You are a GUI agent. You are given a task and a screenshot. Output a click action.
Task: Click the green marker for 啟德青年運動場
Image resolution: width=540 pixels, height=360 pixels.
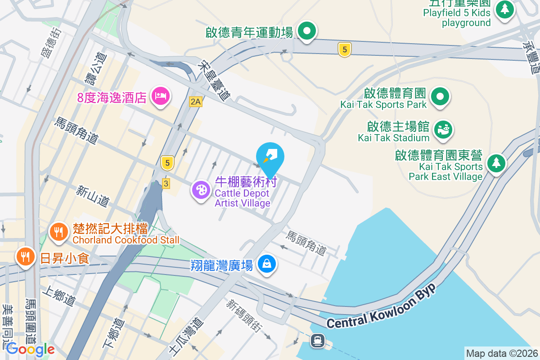(x=307, y=31)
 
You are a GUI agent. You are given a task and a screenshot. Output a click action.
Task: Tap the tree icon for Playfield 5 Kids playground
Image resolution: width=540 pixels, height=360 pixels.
(x=505, y=9)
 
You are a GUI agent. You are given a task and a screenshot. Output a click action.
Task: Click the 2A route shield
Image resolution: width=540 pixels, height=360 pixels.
(x=195, y=102)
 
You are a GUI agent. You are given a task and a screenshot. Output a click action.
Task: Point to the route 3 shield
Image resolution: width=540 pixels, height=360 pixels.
(x=166, y=183)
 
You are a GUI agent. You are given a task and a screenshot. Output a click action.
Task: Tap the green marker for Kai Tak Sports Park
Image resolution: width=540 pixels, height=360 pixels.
(x=440, y=97)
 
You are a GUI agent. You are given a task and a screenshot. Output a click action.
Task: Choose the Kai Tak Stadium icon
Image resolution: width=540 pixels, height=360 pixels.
(x=443, y=130)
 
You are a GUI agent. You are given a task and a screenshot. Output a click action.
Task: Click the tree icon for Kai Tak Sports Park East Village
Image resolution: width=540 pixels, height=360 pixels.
(x=495, y=163)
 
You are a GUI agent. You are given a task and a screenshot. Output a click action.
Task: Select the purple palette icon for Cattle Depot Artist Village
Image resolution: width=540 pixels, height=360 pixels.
(x=201, y=190)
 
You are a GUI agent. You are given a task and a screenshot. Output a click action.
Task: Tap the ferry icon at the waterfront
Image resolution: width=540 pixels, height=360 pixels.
(x=318, y=341)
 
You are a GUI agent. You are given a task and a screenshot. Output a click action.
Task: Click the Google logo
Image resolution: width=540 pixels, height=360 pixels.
(x=30, y=349)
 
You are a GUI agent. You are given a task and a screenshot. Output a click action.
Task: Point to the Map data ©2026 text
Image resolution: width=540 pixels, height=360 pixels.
(x=502, y=353)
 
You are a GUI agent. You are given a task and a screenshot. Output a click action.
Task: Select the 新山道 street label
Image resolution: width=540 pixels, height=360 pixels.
(x=92, y=197)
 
